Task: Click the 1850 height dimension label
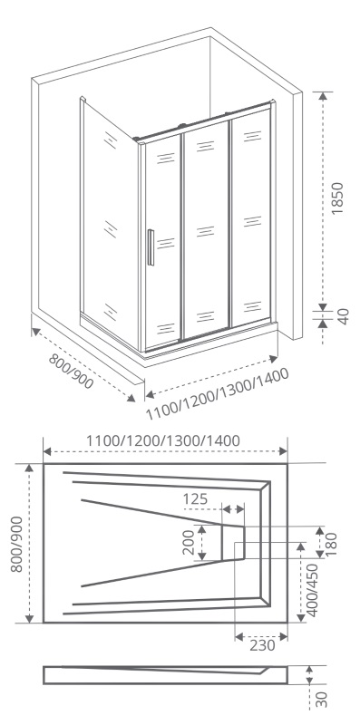point(338,198)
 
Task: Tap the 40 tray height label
point(343,316)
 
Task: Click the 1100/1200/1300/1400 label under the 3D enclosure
point(218,394)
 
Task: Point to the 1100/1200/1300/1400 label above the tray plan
point(163,440)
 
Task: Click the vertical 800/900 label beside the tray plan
point(16,545)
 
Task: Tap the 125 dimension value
point(195,499)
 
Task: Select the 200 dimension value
point(188,542)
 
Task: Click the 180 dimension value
point(331,545)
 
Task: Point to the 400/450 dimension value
point(313,590)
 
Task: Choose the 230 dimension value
point(262,644)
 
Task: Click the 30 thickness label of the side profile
point(323,699)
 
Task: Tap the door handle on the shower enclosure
point(151,247)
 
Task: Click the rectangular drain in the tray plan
point(233,543)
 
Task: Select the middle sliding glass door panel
point(206,230)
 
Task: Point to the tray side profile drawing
point(165,674)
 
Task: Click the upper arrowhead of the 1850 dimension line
point(323,96)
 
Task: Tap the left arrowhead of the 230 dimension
point(239,637)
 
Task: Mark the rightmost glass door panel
point(251,217)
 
